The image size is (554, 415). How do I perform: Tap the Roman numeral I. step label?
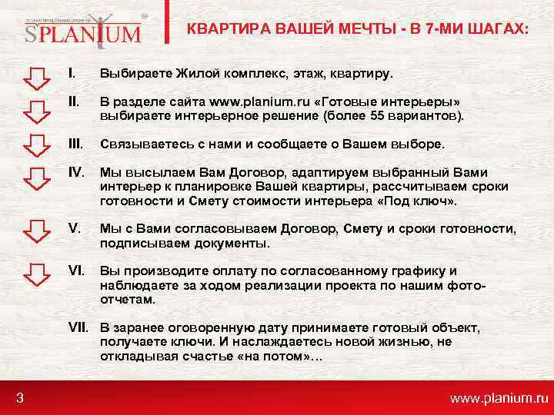coord(72,75)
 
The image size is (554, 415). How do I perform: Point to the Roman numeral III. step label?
coord(75,144)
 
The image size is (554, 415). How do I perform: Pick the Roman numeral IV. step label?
coord(76,172)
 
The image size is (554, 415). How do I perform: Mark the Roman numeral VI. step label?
coord(76,271)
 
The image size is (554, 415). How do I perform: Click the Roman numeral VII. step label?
coord(78,328)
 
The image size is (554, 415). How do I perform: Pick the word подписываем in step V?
coord(136,243)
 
